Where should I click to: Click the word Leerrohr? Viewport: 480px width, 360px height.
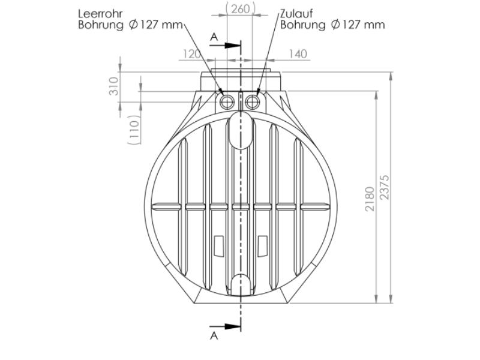pyautogui.click(x=101, y=13)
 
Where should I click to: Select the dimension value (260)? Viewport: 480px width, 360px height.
pyautogui.click(x=239, y=8)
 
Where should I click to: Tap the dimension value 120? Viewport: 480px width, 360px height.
pyautogui.click(x=191, y=54)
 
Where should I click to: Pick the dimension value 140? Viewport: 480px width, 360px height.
pyautogui.click(x=298, y=54)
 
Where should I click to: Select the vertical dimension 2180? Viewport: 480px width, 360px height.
pyautogui.click(x=370, y=198)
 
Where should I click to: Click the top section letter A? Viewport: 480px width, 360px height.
pyautogui.click(x=214, y=37)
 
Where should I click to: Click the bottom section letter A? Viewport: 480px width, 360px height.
pyautogui.click(x=214, y=336)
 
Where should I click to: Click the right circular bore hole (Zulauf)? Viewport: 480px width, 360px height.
pyautogui.click(x=252, y=102)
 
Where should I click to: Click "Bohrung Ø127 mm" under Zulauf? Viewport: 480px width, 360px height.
pyautogui.click(x=332, y=25)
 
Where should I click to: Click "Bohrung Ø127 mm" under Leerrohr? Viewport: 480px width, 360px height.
pyautogui.click(x=130, y=25)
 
